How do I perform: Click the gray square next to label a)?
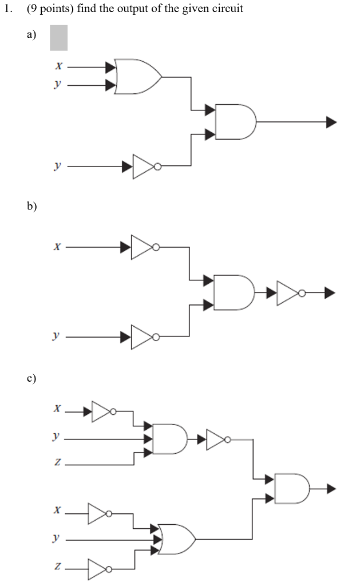tap(58, 38)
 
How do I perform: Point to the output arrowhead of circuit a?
tap(331, 122)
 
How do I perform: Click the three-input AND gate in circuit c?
tap(169, 439)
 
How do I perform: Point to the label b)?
tap(31, 207)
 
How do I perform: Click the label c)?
tap(31, 378)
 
